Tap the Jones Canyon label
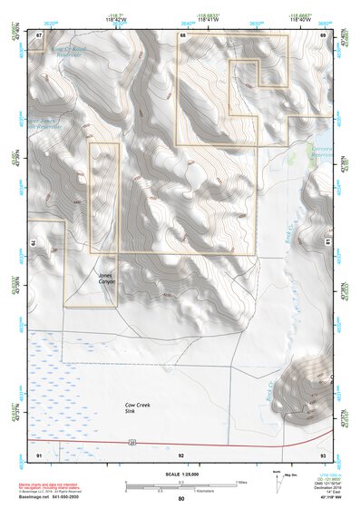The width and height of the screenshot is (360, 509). coord(107,279)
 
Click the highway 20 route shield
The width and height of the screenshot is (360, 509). coord(132,443)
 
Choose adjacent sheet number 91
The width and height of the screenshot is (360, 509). coord(39,453)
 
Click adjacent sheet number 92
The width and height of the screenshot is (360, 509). coord(181,453)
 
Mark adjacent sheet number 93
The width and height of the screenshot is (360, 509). coord(324,453)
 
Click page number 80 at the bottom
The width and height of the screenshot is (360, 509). coord(181,499)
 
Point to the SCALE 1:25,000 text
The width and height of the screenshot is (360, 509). coord(180,475)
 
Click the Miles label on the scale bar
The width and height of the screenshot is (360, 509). coord(241,483)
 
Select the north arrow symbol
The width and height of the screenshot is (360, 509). coord(277,481)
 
